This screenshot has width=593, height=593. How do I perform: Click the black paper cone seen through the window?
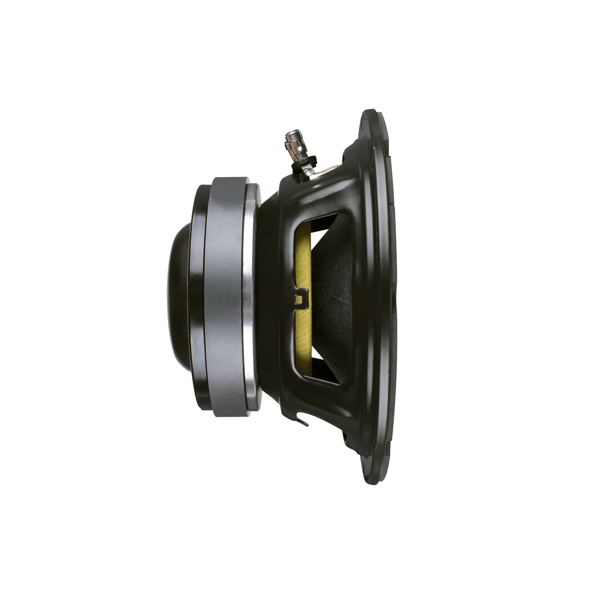coord(333,285)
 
